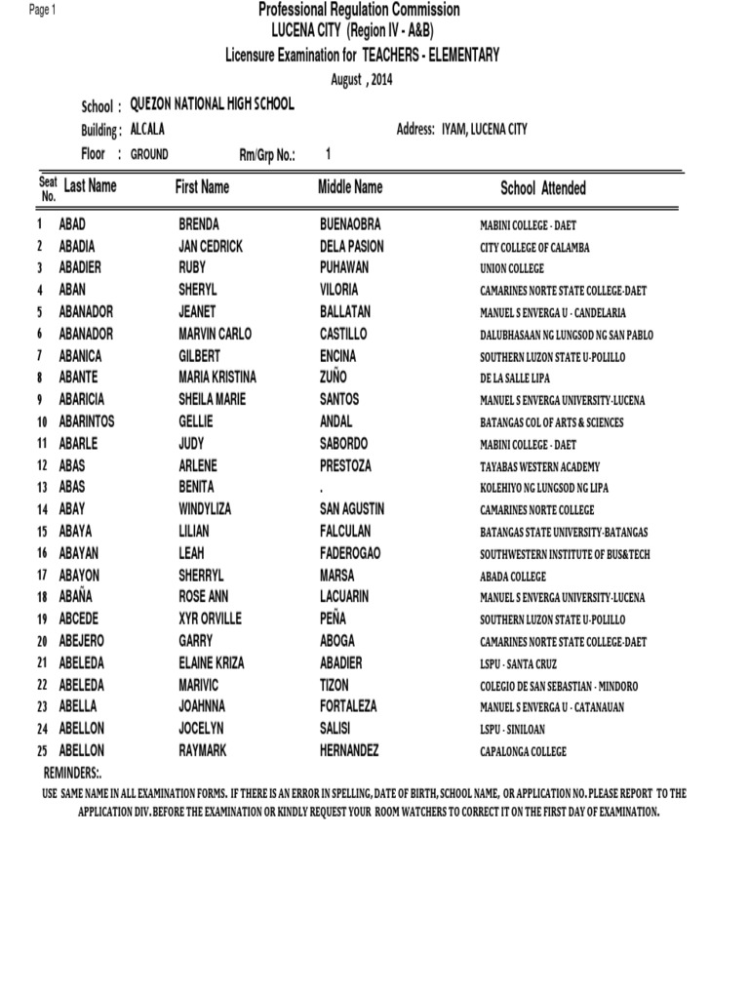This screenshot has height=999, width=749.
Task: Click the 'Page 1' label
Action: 43,10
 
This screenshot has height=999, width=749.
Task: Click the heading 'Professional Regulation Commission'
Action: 359,10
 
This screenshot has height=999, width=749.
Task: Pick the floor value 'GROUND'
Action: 148,154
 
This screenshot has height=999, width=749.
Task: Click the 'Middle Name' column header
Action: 350,186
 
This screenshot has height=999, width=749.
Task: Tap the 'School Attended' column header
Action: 543,187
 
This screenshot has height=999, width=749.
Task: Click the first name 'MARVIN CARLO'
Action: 215,334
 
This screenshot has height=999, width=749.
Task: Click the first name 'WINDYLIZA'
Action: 208,509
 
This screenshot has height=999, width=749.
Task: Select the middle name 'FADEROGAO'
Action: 350,553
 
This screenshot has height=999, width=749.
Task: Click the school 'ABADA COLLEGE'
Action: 513,577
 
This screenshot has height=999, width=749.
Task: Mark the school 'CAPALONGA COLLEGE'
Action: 523,752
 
